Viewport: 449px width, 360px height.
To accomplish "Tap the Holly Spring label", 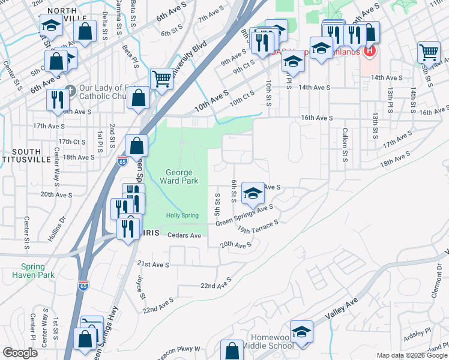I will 182,215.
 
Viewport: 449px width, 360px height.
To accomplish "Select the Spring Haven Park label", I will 32,271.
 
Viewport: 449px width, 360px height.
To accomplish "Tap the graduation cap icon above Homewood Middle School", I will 301,331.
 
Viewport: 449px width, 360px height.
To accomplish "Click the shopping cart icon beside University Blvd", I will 161,77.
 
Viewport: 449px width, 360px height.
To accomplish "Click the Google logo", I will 20,353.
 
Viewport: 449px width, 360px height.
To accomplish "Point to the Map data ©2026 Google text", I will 412,355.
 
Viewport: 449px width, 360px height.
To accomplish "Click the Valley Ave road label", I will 341,307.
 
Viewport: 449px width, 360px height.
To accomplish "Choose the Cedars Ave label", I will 184,236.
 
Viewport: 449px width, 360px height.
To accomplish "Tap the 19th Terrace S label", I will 258,226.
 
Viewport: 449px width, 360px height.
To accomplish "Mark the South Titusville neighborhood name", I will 26,156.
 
